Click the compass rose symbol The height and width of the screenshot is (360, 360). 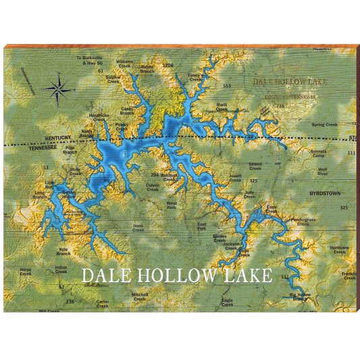point(59,87)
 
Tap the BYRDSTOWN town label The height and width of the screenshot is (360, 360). point(324,193)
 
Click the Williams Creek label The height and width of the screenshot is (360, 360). point(124,63)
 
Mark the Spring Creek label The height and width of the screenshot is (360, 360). point(325,124)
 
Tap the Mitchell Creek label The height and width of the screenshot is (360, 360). point(140,296)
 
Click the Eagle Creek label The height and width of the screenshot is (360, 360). point(227,302)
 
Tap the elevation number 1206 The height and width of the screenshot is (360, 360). point(168,65)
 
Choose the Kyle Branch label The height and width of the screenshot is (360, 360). point(63,251)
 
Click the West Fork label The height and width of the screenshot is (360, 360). point(172,204)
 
